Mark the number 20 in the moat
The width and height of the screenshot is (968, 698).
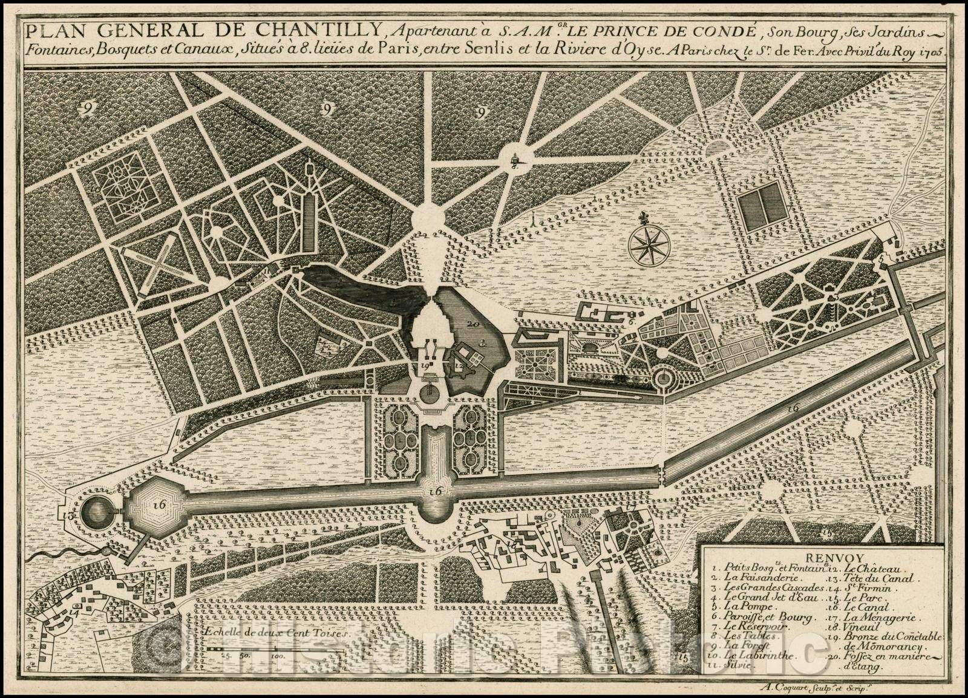[x=473, y=324]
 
